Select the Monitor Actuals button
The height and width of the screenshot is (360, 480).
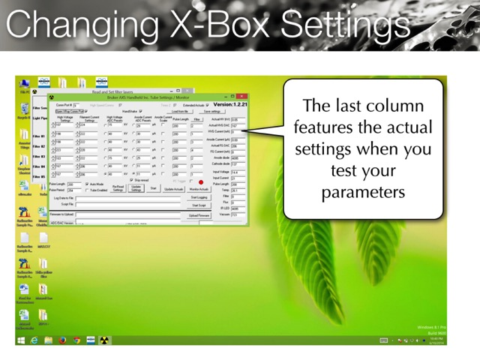pyautogui.click(x=199, y=189)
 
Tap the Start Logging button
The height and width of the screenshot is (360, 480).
pyautogui.click(x=199, y=197)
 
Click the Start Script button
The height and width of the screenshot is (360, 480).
pyautogui.click(x=199, y=205)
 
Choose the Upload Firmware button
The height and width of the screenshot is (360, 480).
pyautogui.click(x=199, y=215)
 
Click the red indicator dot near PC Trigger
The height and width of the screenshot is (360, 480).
pyautogui.click(x=201, y=181)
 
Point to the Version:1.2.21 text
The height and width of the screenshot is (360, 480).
pyautogui.click(x=230, y=105)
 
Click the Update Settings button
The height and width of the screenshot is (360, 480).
pyautogui.click(x=136, y=189)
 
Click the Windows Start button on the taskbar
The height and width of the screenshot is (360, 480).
pyautogui.click(x=21, y=340)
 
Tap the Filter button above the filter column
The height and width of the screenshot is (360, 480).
pyautogui.click(x=196, y=119)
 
